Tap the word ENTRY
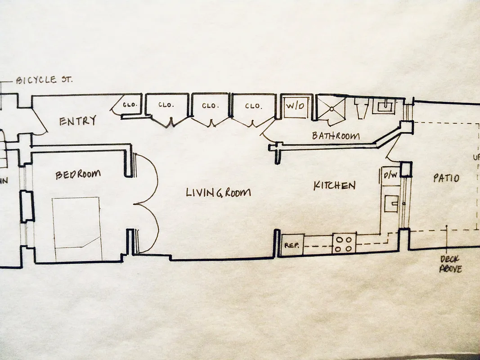coord(78,121)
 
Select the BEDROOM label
coord(78,174)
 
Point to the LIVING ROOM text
coord(218,193)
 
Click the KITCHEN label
coord(335,185)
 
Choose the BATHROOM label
coord(336,135)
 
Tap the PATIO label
coord(446,178)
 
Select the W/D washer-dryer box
coord(296,107)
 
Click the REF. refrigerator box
coord(292,246)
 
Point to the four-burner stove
coord(344,244)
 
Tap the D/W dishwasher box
coord(389,175)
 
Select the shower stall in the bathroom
coord(333,108)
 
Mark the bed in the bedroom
coord(76,228)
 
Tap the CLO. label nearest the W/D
coord(253,106)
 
